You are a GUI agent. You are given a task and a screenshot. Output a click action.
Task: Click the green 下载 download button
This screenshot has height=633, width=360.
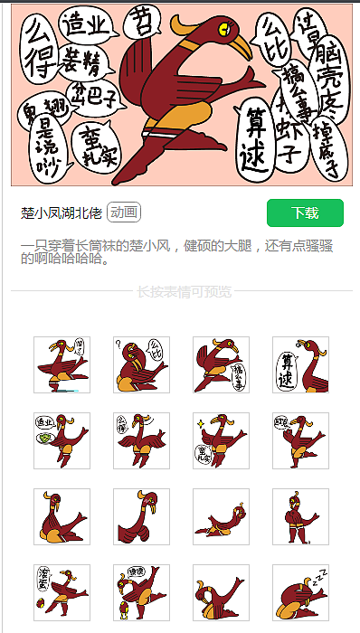(x=305, y=213)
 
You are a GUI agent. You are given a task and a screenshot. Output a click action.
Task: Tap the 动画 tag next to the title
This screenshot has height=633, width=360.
(x=124, y=213)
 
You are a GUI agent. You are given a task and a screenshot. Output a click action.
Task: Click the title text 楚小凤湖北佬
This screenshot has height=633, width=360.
(x=62, y=213)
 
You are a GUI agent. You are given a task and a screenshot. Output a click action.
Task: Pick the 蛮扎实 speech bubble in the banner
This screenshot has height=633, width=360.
(x=94, y=148)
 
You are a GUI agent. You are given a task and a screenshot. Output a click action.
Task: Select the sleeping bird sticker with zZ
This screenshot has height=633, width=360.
(x=300, y=593)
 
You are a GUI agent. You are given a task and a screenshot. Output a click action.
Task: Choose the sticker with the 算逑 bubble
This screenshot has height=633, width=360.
(x=300, y=365)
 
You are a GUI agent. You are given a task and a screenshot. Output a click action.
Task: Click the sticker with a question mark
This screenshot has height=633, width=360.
(x=141, y=365)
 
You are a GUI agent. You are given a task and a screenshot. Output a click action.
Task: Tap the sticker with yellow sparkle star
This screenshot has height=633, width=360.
(x=221, y=441)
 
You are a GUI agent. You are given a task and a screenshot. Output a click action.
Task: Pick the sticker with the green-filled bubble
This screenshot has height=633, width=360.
(x=62, y=441)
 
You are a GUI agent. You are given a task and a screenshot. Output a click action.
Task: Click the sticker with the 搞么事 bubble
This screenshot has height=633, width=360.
(x=221, y=365)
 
